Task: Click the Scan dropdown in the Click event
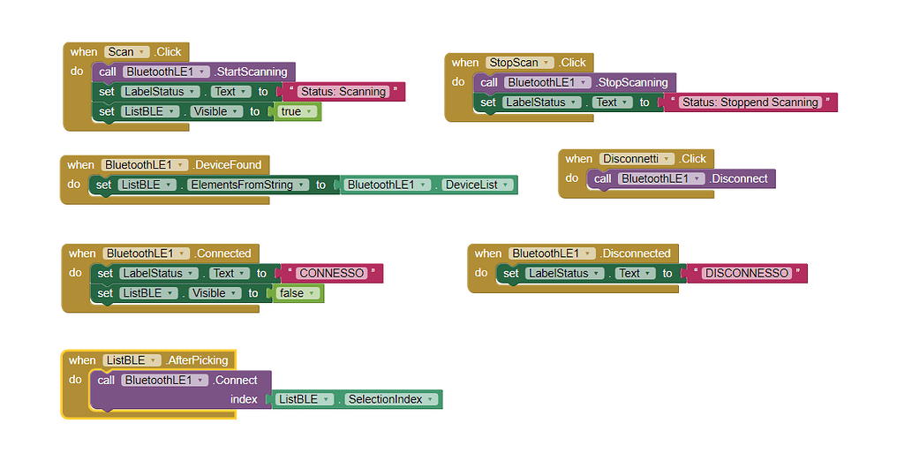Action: pyautogui.click(x=127, y=52)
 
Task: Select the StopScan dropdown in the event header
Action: pyautogui.click(x=519, y=63)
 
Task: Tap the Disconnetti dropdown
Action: pyautogui.click(x=637, y=159)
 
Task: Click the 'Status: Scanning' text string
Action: pyautogui.click(x=343, y=92)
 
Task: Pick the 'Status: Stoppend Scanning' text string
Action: pyautogui.click(x=750, y=102)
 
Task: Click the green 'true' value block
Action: pyautogui.click(x=297, y=112)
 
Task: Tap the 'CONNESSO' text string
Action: pyautogui.click(x=332, y=274)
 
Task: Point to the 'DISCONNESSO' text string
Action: pyautogui.click(x=747, y=274)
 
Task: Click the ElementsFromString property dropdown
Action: pyautogui.click(x=248, y=185)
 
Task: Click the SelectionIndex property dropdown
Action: pyautogui.click(x=391, y=399)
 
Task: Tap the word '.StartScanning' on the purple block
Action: pyautogui.click(x=251, y=72)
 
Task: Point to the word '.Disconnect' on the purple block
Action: pyautogui.click(x=739, y=179)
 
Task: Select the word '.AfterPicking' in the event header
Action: pyautogui.click(x=197, y=360)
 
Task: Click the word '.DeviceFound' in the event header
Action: pyautogui.click(x=227, y=165)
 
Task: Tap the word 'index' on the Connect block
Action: pyautogui.click(x=244, y=399)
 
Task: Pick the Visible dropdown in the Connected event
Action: pyautogui.click(x=215, y=293)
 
